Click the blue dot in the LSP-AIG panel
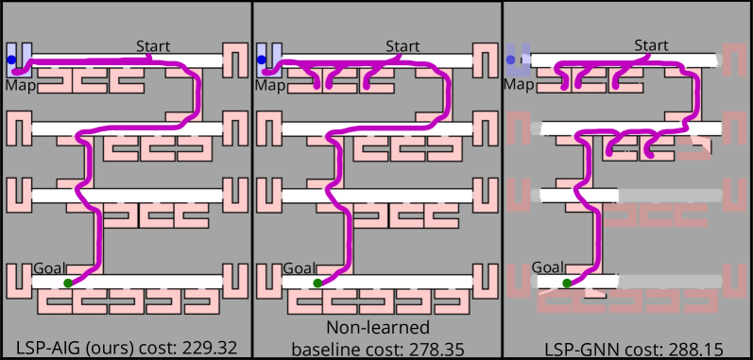click(x=11, y=60)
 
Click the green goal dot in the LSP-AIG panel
click(x=67, y=283)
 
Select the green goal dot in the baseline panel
click(x=317, y=283)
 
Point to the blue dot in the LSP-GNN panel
click(x=511, y=60)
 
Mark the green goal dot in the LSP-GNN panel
click(x=567, y=283)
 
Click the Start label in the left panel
click(x=153, y=45)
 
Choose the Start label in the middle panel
click(x=402, y=45)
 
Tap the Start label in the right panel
click(x=651, y=45)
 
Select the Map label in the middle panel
click(x=269, y=85)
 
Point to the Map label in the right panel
click(x=519, y=85)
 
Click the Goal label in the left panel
click(x=49, y=268)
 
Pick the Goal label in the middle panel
click(x=299, y=268)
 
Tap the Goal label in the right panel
click(x=549, y=268)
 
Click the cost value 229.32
click(x=203, y=348)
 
